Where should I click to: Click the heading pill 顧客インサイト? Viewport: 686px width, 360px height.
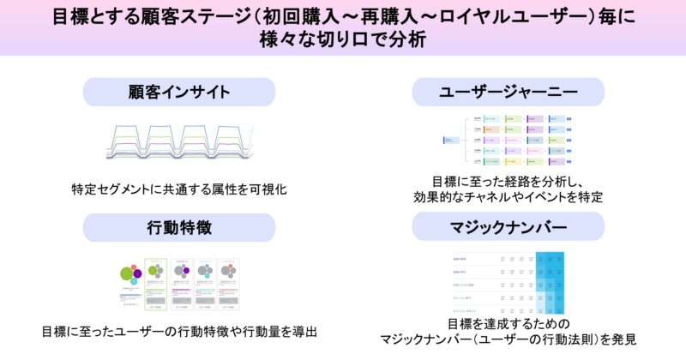179,92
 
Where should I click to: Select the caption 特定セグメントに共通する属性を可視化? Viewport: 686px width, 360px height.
179,189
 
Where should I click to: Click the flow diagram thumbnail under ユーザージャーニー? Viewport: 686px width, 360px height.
508,140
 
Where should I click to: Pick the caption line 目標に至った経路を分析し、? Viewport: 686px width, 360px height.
507,182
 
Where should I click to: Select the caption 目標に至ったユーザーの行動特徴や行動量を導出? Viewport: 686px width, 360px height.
179,330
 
